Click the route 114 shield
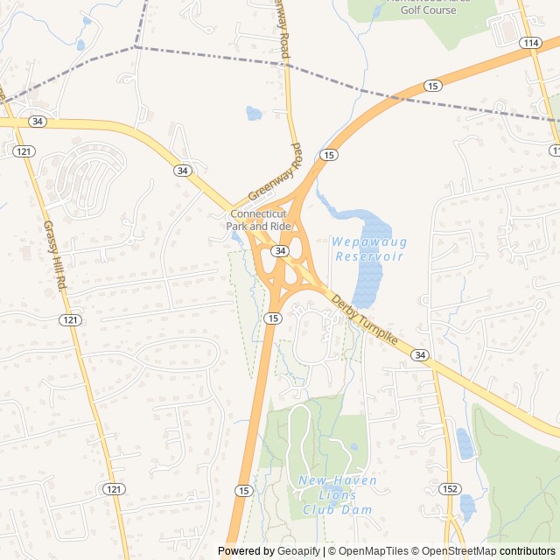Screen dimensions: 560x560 [x=528, y=43]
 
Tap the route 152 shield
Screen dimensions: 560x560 [x=450, y=488]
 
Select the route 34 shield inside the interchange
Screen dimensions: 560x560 [x=279, y=251]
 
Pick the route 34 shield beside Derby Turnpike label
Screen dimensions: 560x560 [x=420, y=354]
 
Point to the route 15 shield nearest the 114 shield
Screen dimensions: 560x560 [x=432, y=85]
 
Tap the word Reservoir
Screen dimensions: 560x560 [x=369, y=256]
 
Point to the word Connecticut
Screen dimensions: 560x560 [x=258, y=214]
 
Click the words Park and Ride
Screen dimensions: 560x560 [x=258, y=227]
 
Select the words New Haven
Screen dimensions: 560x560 [x=337, y=480]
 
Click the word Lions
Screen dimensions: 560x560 [x=337, y=495]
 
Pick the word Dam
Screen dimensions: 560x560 [x=359, y=509]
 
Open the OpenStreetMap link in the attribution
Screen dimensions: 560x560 [x=454, y=551]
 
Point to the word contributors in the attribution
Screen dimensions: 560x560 [x=528, y=551]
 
